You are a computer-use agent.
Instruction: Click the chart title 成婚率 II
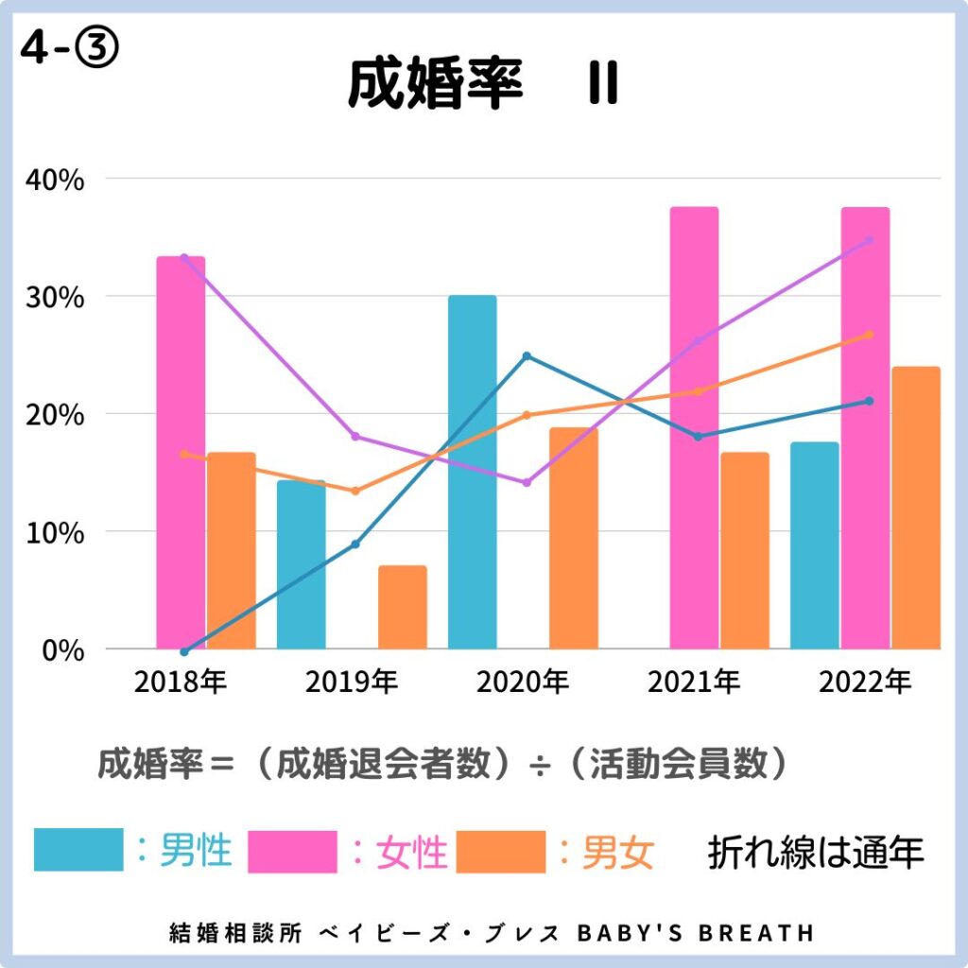(x=482, y=85)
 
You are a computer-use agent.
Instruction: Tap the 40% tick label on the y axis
(x=55, y=179)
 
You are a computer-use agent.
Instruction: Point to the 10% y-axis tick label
(x=55, y=532)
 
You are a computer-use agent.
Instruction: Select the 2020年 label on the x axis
(x=523, y=682)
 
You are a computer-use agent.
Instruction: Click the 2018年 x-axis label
(x=181, y=682)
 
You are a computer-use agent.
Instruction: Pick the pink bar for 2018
(x=181, y=454)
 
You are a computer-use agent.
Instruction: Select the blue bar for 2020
(x=472, y=473)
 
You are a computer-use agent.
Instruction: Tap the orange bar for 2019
(x=403, y=607)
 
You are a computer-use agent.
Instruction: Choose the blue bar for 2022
(x=814, y=545)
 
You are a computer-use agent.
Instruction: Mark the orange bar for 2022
(x=916, y=508)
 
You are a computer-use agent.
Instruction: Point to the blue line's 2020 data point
(x=527, y=356)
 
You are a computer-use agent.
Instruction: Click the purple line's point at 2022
(x=869, y=240)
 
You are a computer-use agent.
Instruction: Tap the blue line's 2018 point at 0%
(x=184, y=651)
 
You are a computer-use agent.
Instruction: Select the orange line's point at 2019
(x=355, y=491)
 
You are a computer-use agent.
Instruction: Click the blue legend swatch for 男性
(x=78, y=851)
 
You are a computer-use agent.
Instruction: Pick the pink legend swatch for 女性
(x=292, y=851)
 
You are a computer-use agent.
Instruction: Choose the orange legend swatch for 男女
(x=500, y=851)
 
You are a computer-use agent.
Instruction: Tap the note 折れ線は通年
(x=815, y=853)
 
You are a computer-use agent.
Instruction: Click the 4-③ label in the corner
(x=69, y=50)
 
